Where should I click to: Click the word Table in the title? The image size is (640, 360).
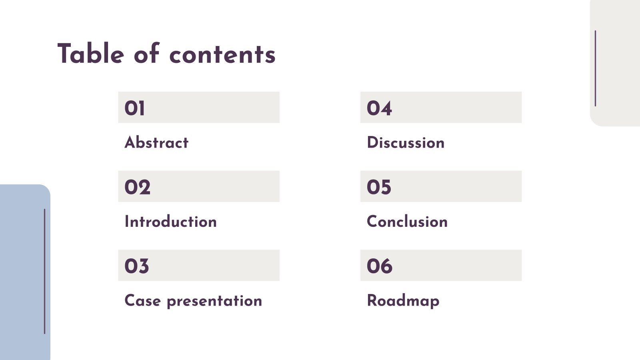coord(90,54)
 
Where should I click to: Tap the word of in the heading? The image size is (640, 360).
coord(146,54)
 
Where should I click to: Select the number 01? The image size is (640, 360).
coord(134,108)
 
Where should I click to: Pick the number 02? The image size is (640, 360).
coord(137,187)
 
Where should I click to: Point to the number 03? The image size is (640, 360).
coord(136,266)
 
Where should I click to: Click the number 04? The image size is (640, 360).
coord(379,108)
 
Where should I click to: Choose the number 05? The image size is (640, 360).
coord(379,187)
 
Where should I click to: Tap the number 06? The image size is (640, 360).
coord(379,266)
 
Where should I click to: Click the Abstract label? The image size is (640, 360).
coord(156,143)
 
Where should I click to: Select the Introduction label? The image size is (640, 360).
coord(170,222)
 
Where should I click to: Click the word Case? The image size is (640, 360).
coord(142,301)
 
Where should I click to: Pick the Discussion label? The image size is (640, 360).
coord(405,143)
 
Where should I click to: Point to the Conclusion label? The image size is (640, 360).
coord(407,222)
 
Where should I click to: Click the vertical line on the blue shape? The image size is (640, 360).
coord(44,271)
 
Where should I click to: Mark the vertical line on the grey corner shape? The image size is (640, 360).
coord(595,68)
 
